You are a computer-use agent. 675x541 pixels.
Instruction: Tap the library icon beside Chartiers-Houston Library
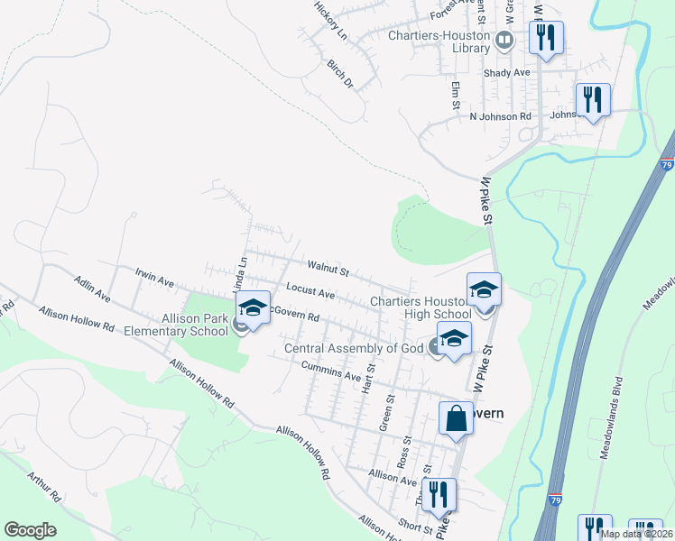504,39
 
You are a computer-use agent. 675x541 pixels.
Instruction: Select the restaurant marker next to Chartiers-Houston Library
545,39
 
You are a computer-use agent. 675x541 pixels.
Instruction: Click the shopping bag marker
456,419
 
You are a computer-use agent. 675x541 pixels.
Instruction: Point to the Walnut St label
328,268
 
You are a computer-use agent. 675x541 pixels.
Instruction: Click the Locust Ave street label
310,292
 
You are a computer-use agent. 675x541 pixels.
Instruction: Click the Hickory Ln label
330,19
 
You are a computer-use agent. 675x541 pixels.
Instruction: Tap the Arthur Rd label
43,485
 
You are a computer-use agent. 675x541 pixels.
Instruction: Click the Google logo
30,530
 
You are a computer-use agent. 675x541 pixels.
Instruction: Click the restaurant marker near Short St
439,495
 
